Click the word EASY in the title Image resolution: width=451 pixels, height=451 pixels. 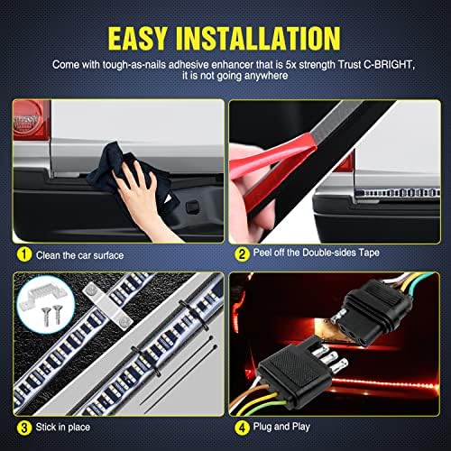[137, 38]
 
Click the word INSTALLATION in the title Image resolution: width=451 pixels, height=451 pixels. [258, 38]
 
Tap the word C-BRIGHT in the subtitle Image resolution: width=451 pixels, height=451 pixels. [389, 65]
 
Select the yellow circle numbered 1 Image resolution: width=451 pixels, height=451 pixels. [24, 254]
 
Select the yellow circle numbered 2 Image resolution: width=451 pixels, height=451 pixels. [242, 254]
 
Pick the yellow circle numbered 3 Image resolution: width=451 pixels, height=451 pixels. [24, 428]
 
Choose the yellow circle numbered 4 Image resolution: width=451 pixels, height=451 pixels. [242, 427]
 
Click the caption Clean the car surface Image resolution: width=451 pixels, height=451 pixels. [79, 255]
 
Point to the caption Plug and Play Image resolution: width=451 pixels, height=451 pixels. [281, 427]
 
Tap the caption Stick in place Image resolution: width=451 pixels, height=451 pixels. [63, 427]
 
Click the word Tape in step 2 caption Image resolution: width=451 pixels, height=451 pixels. [369, 253]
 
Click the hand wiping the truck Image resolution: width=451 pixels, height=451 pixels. [138, 192]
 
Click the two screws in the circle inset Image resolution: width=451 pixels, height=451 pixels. [51, 315]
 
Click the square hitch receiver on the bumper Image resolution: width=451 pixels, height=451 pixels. [191, 207]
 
